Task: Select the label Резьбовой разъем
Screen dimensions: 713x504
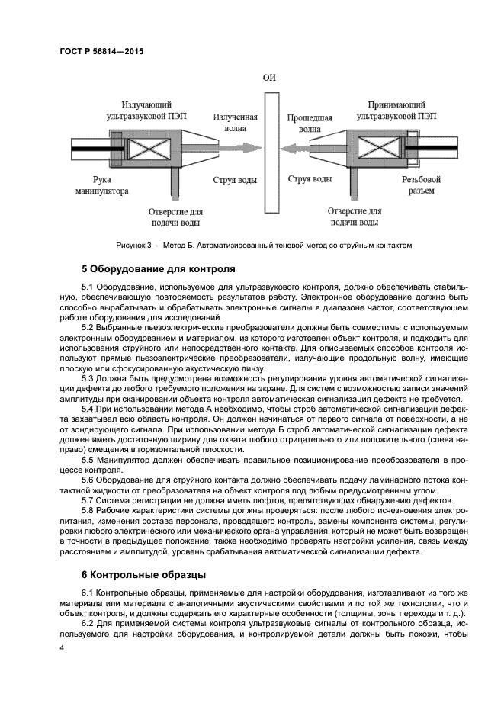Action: click(421, 185)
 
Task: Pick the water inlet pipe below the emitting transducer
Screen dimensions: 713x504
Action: click(174, 182)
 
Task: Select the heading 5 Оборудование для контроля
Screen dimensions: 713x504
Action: click(159, 268)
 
